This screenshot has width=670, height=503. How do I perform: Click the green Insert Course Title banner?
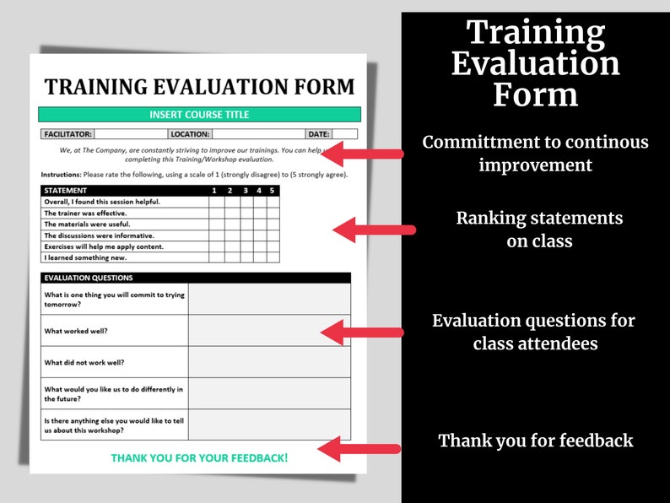199,115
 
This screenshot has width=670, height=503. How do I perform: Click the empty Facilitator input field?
129,134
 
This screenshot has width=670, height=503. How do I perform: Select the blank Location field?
257,134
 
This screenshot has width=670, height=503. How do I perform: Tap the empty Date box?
344,134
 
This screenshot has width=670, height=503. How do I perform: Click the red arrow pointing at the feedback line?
359,449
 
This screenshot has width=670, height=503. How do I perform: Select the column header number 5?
272,191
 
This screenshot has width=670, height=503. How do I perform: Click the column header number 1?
214,191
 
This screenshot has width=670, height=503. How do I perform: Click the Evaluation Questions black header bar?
195,278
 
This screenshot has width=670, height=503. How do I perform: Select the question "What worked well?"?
76,331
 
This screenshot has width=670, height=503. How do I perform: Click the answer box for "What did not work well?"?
269,362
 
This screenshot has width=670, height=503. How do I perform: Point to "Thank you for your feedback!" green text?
199,458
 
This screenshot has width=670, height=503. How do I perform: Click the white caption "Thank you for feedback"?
535,441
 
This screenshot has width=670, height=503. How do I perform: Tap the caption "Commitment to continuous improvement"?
535,154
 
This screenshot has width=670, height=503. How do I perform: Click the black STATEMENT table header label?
65,191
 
